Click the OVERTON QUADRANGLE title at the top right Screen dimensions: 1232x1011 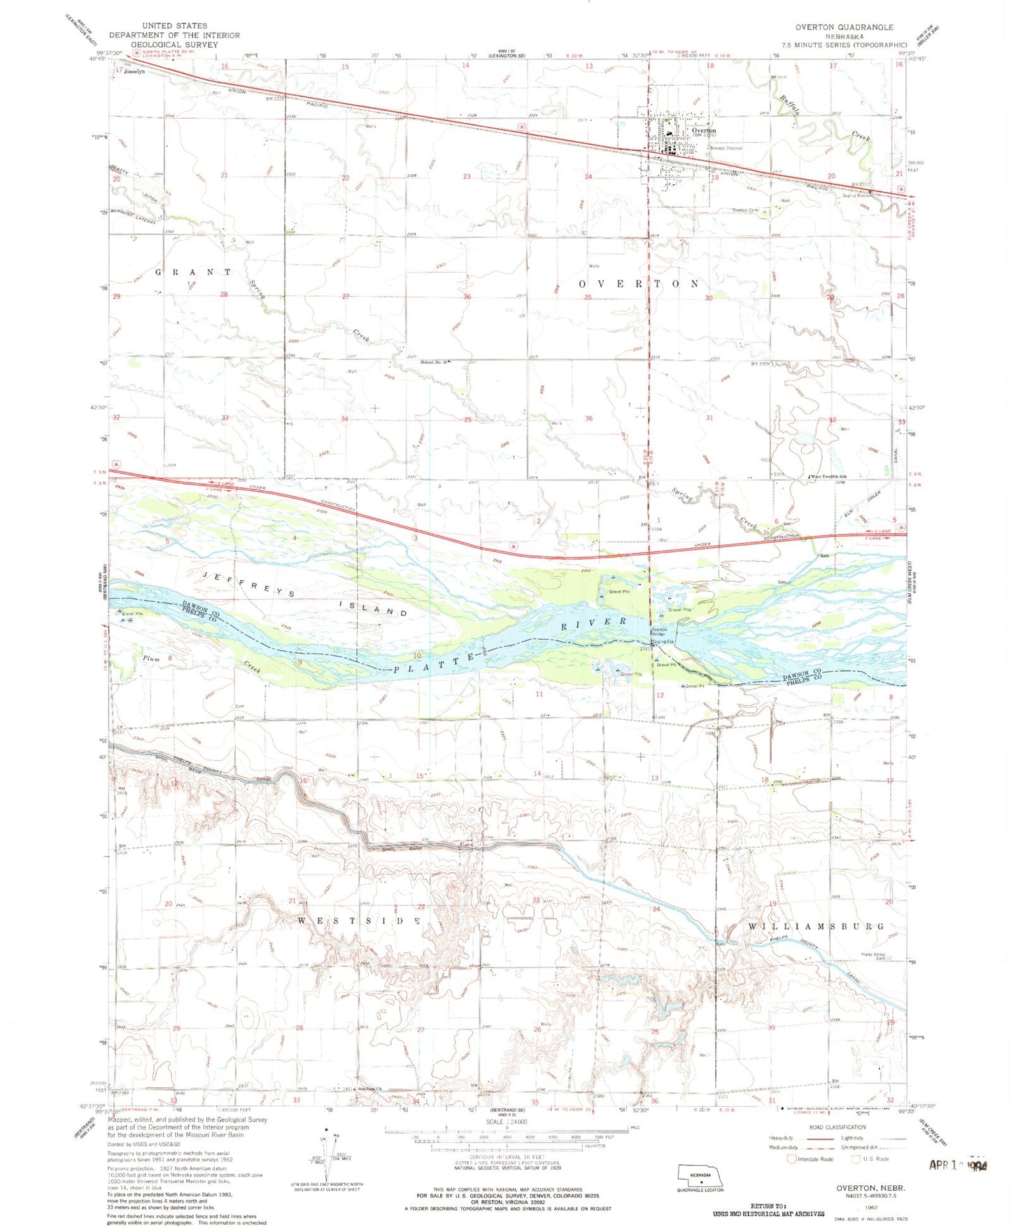tap(844, 27)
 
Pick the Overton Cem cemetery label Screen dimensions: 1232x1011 tap(744, 210)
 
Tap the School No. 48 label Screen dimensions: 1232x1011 tap(433, 361)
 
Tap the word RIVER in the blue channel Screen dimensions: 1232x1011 tap(594, 622)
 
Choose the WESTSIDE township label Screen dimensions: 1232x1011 tap(358, 922)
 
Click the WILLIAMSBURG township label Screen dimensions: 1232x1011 tap(816, 926)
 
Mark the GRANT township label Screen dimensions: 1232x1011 tap(193, 271)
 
